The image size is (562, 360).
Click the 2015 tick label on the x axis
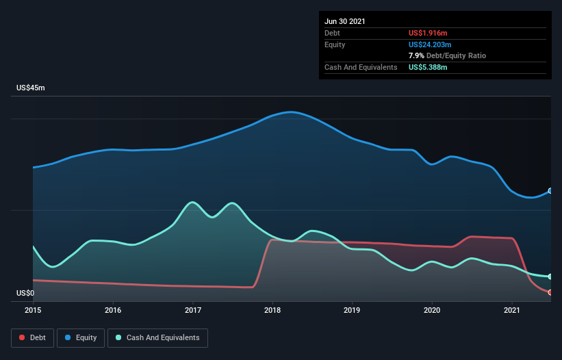[33, 310]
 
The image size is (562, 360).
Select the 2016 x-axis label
[113, 310]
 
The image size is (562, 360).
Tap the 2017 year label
[192, 310]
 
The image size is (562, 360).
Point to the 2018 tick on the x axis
[272, 310]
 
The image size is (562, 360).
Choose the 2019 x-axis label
[353, 310]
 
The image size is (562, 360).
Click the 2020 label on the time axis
[432, 310]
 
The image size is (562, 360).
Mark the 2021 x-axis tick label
[512, 310]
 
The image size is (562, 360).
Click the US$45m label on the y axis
[30, 88]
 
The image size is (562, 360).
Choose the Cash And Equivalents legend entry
[157, 337]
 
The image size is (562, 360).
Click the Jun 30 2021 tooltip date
[345, 21]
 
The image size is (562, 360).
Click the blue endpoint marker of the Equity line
[550, 191]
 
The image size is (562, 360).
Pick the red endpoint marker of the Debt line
[550, 292]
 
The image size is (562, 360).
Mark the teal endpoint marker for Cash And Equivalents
[550, 277]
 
